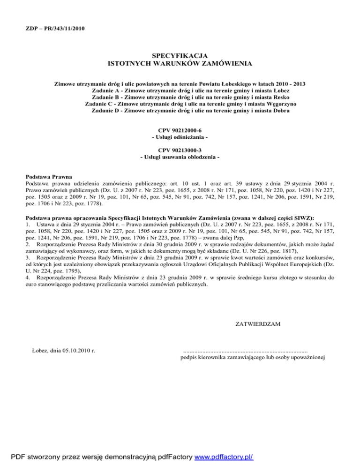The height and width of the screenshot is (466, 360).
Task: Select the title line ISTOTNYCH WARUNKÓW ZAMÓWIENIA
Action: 180,63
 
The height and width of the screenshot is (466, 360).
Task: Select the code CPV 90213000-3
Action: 180,150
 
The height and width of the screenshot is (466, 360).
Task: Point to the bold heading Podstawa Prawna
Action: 48,177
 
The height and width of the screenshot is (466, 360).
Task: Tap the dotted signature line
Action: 245,351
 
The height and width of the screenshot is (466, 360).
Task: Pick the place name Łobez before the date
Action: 40,350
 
